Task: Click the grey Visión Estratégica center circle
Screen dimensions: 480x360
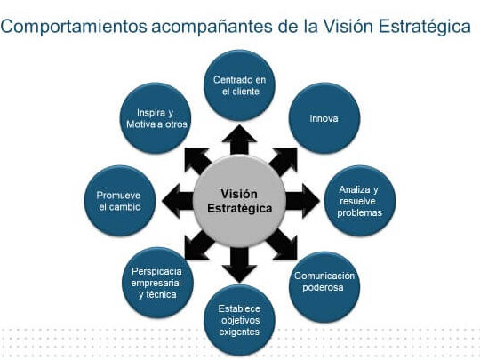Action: (x=239, y=201)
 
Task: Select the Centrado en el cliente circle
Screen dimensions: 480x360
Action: (x=239, y=85)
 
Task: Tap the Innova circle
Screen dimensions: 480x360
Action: (x=324, y=118)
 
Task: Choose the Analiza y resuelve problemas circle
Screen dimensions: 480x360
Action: (x=360, y=201)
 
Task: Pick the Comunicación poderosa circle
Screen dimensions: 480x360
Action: (x=324, y=287)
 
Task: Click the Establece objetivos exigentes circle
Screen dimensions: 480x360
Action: (x=239, y=320)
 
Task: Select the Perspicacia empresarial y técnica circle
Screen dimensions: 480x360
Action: (x=157, y=283)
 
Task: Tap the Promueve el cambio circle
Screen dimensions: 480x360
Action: (x=120, y=201)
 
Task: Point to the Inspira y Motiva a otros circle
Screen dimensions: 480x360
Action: (x=156, y=118)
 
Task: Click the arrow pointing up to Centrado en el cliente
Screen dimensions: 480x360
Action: (x=239, y=140)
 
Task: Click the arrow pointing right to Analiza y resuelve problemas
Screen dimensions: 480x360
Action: (x=302, y=201)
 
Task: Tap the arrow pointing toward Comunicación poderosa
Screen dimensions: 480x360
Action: (x=283, y=244)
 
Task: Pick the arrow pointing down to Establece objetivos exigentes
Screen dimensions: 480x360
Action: (x=239, y=265)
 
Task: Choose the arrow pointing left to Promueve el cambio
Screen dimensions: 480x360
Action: (x=178, y=201)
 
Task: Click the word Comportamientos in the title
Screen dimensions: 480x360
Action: (x=74, y=27)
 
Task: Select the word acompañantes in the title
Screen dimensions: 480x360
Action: (x=212, y=27)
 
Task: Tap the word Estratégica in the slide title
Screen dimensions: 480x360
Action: (x=425, y=26)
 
